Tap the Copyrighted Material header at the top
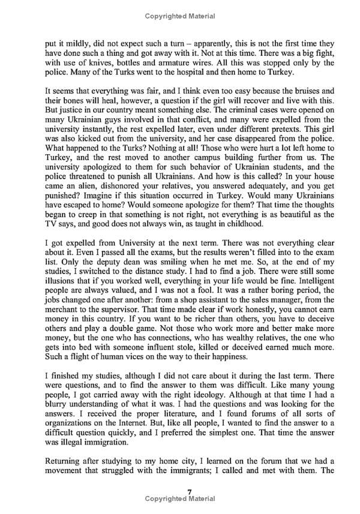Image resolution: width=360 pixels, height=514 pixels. [x=180, y=16]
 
